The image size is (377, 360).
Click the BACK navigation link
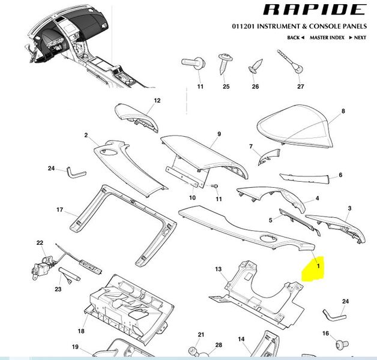pos(294,38)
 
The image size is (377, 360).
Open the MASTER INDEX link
pos(327,38)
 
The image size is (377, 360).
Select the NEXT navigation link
pos(360,38)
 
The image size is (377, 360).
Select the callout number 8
pos(343,112)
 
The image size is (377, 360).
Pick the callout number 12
pos(158,101)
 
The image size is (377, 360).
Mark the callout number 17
pos(60,210)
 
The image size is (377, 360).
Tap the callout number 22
pos(40,243)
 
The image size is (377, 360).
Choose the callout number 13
pos(219,269)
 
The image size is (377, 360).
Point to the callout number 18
pos(81,331)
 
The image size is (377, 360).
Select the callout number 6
pos(340,175)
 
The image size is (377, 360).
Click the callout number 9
pos(219,134)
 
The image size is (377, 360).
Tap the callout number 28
pos(219,345)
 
